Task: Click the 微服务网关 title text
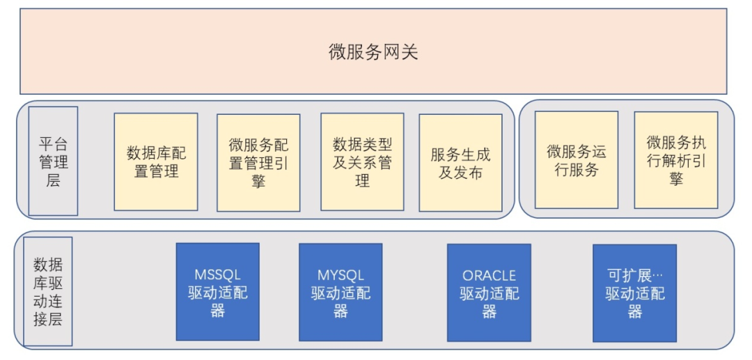[373, 52]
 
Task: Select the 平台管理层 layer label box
[53, 161]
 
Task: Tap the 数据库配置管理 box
[156, 162]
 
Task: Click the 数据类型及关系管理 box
[362, 162]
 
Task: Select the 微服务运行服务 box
[576, 160]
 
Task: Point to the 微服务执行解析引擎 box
[675, 160]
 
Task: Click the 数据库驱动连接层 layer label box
[47, 291]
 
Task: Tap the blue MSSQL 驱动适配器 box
[217, 292]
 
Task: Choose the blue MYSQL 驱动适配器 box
[340, 292]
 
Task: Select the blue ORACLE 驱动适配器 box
[489, 292]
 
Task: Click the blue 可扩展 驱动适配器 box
[634, 292]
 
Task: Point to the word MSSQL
[217, 275]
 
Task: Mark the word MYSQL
[340, 275]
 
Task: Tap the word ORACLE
[489, 276]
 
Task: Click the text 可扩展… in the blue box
[634, 276]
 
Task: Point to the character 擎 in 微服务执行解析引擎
[675, 178]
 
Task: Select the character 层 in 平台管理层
[53, 181]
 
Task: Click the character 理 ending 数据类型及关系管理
[362, 181]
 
